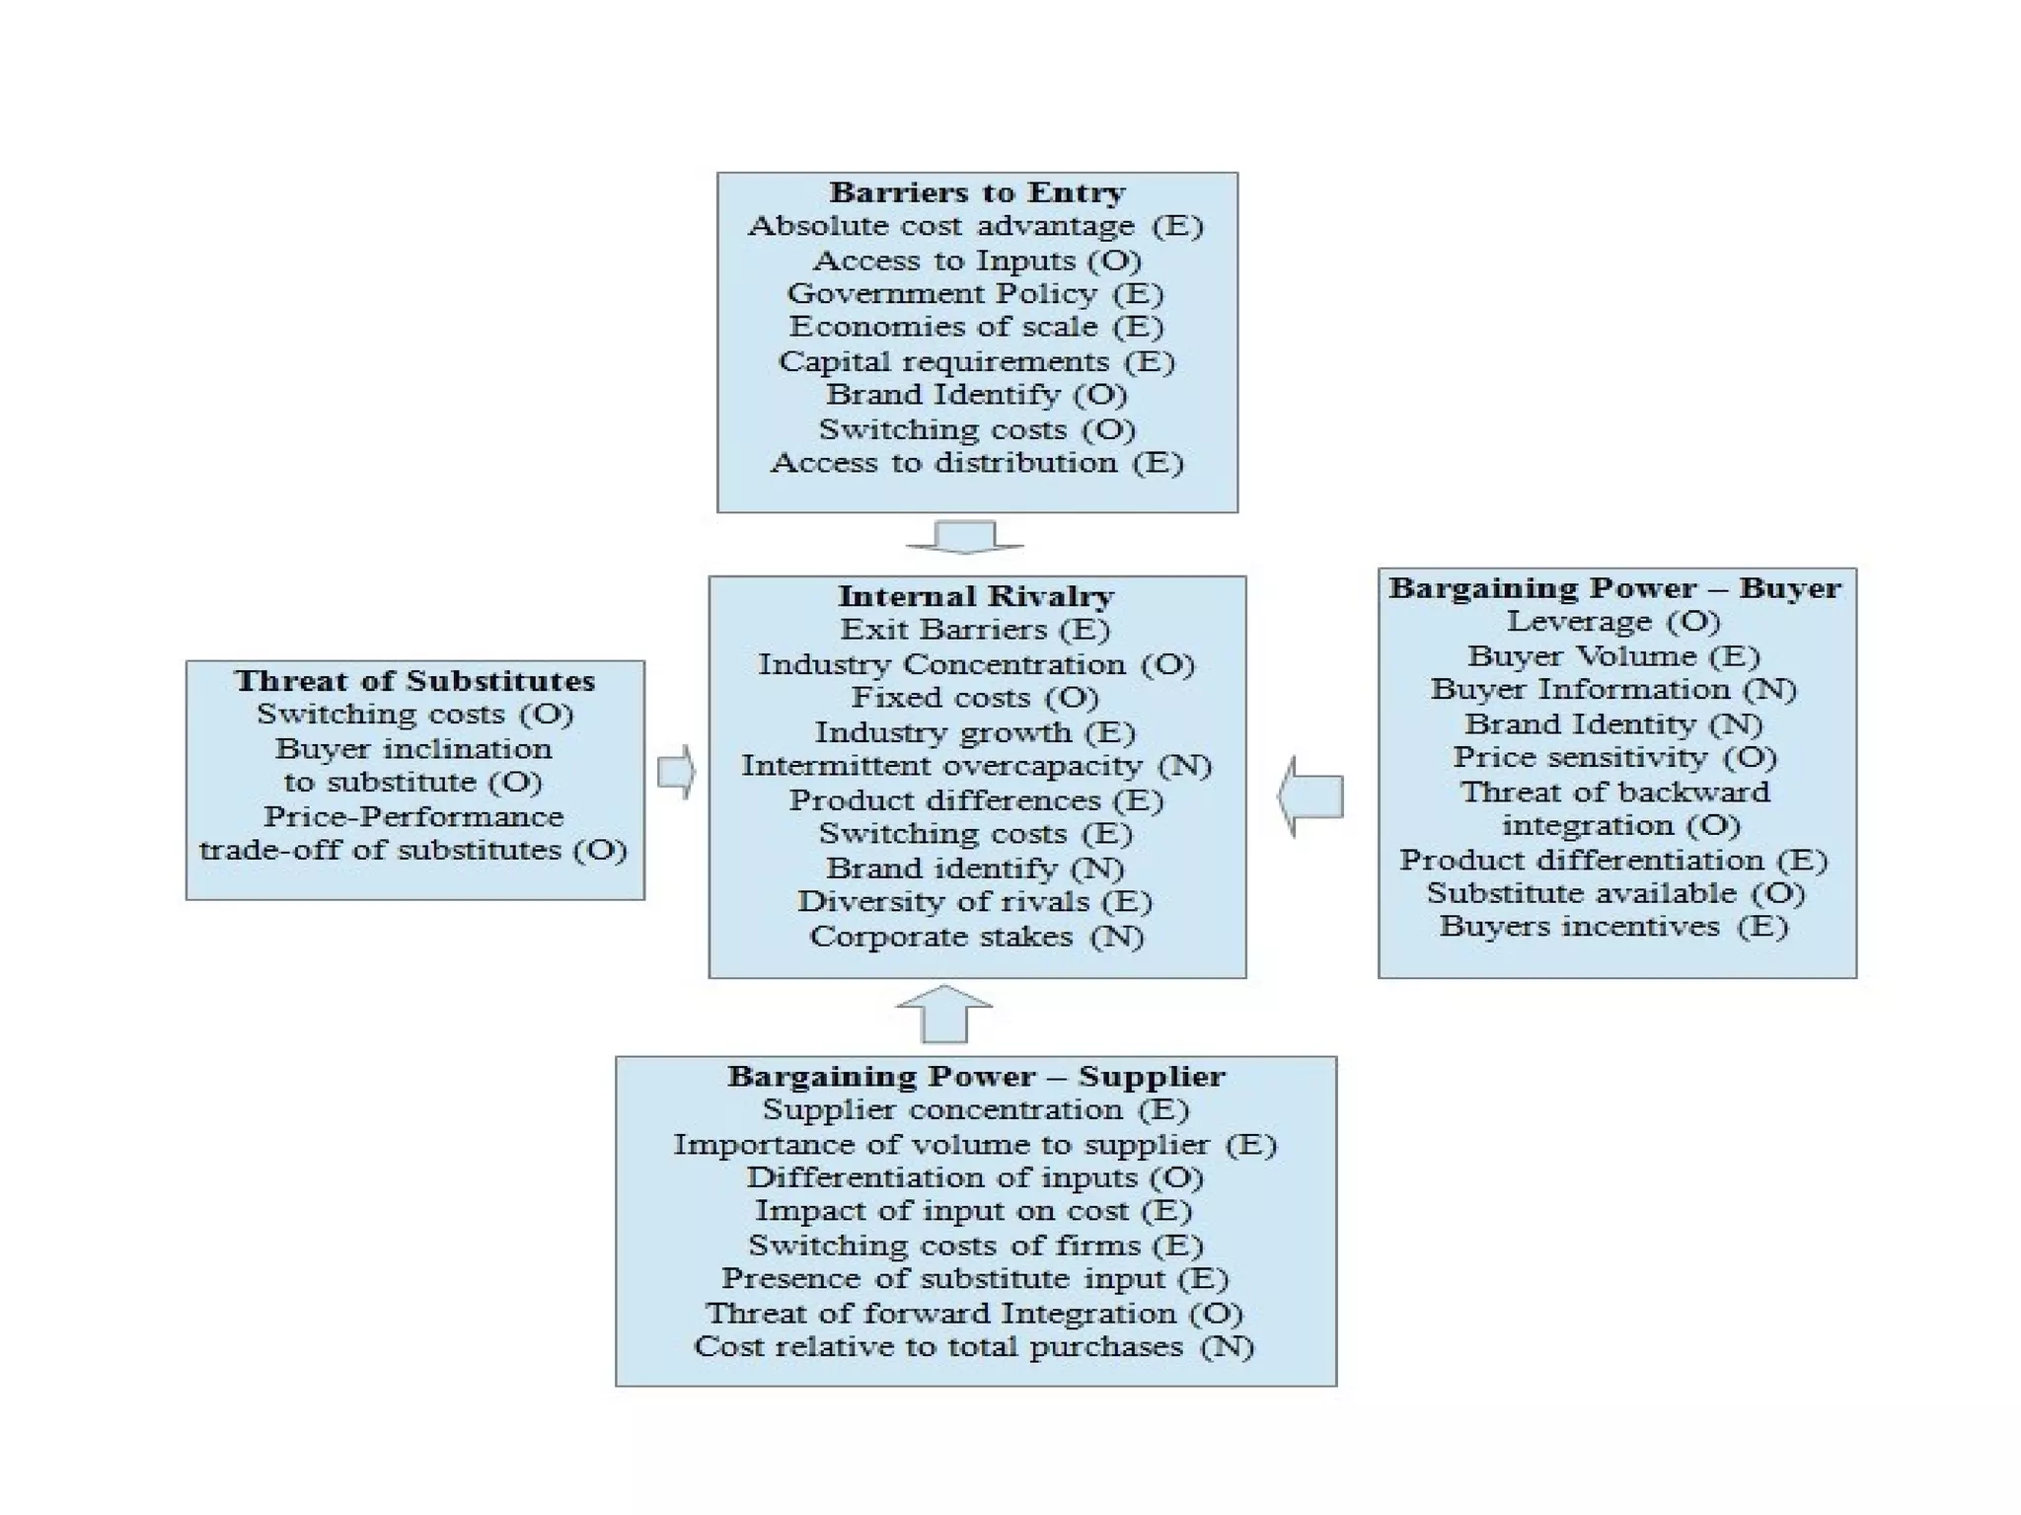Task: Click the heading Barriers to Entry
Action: pyautogui.click(x=976, y=192)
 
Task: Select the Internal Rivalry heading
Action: pyautogui.click(x=976, y=596)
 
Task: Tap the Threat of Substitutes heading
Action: pyautogui.click(x=414, y=681)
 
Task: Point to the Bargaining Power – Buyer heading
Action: pyautogui.click(x=1615, y=588)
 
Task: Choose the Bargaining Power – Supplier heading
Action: pyautogui.click(x=976, y=1076)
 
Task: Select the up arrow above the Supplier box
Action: pyautogui.click(x=944, y=1014)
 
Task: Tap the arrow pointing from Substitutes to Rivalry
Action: pyautogui.click(x=676, y=772)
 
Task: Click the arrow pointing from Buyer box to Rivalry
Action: pyautogui.click(x=1311, y=796)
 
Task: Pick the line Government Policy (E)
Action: pyautogui.click(x=975, y=294)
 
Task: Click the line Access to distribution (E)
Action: pyautogui.click(x=976, y=463)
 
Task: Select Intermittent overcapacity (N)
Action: pyautogui.click(x=976, y=766)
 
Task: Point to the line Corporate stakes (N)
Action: pyautogui.click(x=976, y=937)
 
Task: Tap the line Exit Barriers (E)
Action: pyautogui.click(x=975, y=630)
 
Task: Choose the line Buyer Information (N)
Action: pyautogui.click(x=1613, y=690)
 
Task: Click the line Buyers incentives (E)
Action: pyautogui.click(x=1613, y=927)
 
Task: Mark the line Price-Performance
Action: pyautogui.click(x=413, y=817)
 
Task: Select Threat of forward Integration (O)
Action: pyautogui.click(x=974, y=1314)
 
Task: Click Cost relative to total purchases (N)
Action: pyautogui.click(x=974, y=1347)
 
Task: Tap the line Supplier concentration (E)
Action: pyautogui.click(x=975, y=1110)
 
